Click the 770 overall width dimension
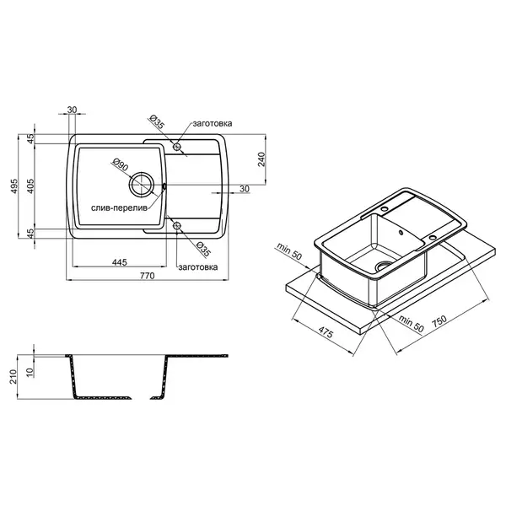coord(147,276)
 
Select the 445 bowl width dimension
coord(120,262)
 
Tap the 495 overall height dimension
coord(14,186)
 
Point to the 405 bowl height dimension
coord(30,186)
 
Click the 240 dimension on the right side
coord(261,159)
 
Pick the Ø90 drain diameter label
coord(120,164)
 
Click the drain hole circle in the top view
coord(142,185)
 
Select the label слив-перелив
coord(119,208)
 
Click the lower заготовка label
coord(198,267)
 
